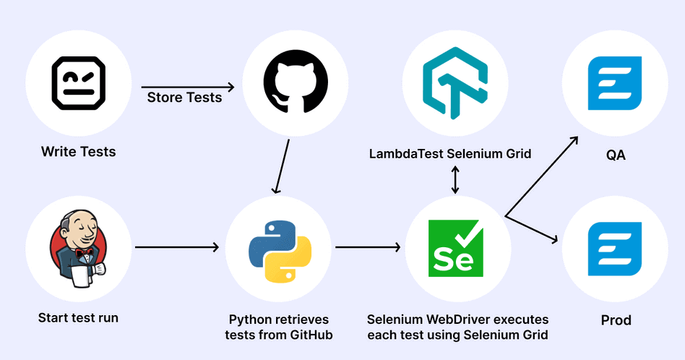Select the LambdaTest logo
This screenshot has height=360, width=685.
point(455,82)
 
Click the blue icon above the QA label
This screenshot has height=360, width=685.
point(615,82)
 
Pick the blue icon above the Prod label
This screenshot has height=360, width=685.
point(615,249)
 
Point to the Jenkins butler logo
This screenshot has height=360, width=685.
point(78,249)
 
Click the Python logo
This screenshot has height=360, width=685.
point(280,249)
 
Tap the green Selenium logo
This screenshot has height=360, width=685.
point(455,249)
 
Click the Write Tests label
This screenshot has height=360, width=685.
point(78,152)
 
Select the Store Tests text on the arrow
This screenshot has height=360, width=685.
point(184,98)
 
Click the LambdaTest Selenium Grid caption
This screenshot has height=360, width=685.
point(450,153)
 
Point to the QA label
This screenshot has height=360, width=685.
point(615,153)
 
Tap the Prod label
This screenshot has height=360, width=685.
point(616,320)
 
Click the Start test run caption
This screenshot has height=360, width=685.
point(78,318)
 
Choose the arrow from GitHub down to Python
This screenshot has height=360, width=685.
point(282,166)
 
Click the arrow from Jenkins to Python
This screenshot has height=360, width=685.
point(177,247)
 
